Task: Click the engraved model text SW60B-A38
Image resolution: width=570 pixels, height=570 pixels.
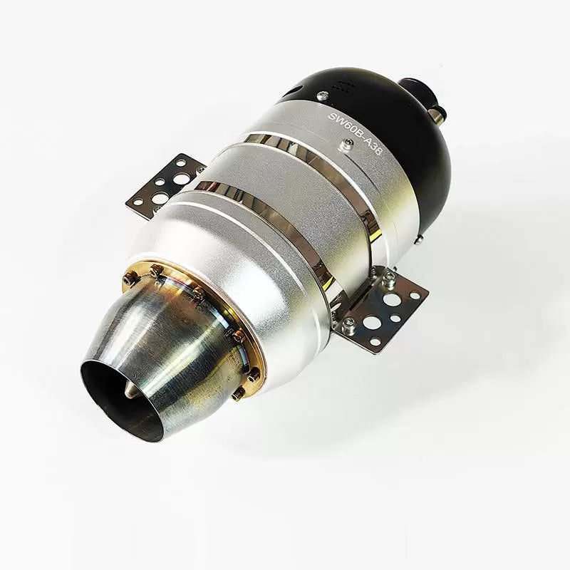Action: [x=355, y=133]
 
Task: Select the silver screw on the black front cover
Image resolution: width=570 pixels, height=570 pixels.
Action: [x=322, y=95]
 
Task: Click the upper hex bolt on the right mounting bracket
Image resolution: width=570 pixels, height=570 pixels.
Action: [x=388, y=277]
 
